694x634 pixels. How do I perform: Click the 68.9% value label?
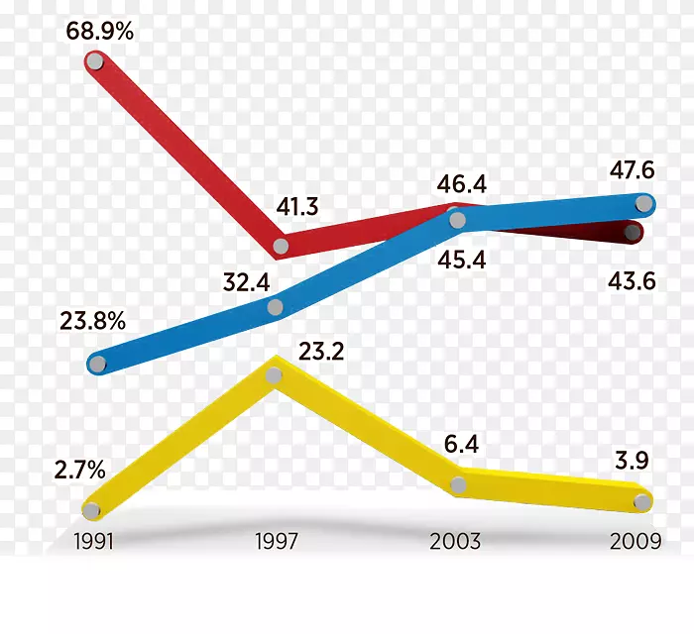point(99,31)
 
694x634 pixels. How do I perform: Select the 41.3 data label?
point(297,207)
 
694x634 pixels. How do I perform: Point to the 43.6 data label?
point(631,281)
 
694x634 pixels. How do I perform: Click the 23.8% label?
point(92,321)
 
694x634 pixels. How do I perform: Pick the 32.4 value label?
point(247,282)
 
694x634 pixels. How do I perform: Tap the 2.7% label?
point(79,471)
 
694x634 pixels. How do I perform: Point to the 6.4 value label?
point(461,445)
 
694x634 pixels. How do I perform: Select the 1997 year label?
point(277,541)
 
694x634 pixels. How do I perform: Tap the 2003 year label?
point(455,541)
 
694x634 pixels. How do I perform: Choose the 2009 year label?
point(636,541)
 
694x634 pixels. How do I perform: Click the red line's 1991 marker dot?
point(94,62)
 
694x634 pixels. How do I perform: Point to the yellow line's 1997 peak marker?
point(277,375)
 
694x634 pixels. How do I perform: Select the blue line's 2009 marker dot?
point(643,204)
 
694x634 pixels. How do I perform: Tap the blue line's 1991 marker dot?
point(97,364)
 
